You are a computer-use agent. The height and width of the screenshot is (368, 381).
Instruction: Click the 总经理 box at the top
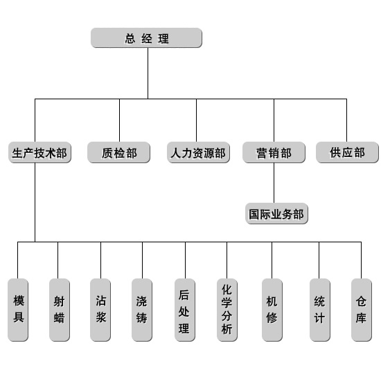pyautogui.click(x=146, y=37)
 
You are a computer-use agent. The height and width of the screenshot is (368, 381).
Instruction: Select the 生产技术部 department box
pyautogui.click(x=40, y=153)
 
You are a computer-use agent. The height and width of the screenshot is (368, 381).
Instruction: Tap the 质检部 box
pyautogui.click(x=119, y=153)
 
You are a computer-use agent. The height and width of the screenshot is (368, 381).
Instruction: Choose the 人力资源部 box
pyautogui.click(x=198, y=153)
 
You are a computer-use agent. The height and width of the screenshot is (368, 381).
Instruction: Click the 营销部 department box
pyautogui.click(x=274, y=153)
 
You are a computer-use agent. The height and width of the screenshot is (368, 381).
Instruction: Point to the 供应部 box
pyautogui.click(x=347, y=153)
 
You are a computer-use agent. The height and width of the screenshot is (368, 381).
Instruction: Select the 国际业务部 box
pyautogui.click(x=276, y=214)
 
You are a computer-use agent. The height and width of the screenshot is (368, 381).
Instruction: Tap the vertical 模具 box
pyautogui.click(x=18, y=310)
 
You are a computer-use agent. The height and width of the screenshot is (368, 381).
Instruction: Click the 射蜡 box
pyautogui.click(x=60, y=310)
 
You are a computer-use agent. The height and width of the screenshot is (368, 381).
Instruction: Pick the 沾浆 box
pyautogui.click(x=100, y=310)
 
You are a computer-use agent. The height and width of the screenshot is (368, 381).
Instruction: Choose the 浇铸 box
pyautogui.click(x=142, y=310)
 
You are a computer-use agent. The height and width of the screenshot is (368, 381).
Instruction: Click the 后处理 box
pyautogui.click(x=185, y=310)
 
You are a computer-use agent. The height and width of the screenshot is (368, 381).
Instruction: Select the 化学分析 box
pyautogui.click(x=227, y=310)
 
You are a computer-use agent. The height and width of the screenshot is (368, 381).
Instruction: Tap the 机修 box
pyautogui.click(x=272, y=310)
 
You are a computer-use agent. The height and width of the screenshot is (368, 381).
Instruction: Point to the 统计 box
pyautogui.click(x=320, y=310)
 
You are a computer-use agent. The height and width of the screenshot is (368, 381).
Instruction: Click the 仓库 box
pyautogui.click(x=362, y=310)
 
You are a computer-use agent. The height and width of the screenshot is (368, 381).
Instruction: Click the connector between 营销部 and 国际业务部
pyautogui.click(x=274, y=183)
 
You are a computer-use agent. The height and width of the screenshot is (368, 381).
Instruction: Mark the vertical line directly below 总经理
pyautogui.click(x=148, y=73)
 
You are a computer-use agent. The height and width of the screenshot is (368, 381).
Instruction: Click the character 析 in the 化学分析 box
pyautogui.click(x=227, y=330)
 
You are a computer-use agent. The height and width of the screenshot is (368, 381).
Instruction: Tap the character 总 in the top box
pyautogui.click(x=130, y=38)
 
